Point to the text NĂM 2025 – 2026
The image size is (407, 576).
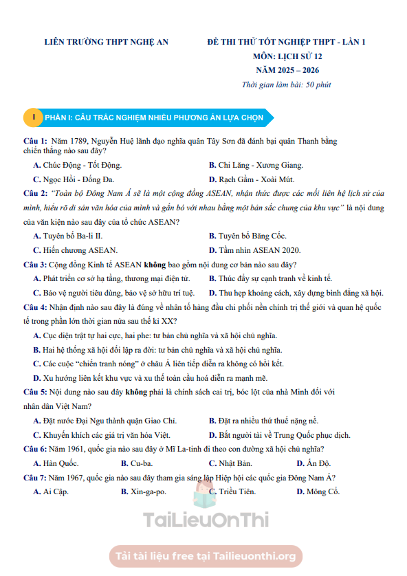click(287, 70)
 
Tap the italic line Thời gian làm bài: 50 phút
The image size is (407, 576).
click(286, 85)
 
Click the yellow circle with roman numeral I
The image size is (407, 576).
click(33, 117)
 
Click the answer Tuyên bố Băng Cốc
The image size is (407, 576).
click(252, 236)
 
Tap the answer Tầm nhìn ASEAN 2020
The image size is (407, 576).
click(259, 250)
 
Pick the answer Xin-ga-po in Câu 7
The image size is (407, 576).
click(148, 491)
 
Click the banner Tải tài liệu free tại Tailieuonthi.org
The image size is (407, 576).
click(206, 555)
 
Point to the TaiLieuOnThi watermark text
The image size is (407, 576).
click(206, 520)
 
